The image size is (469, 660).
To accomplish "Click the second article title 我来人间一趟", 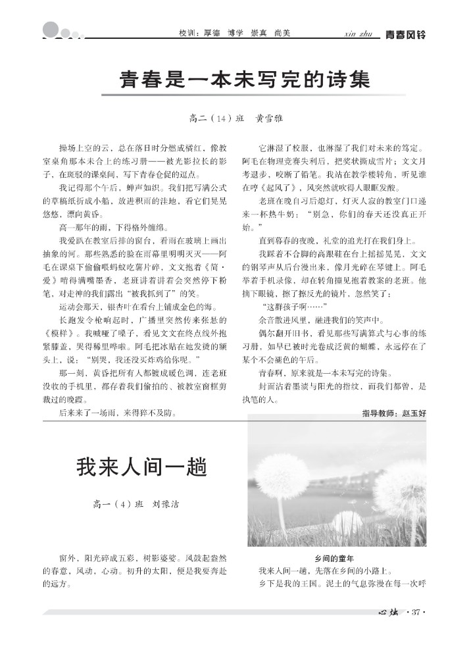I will [x=141, y=468].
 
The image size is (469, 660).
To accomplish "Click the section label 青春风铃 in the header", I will [x=405, y=34].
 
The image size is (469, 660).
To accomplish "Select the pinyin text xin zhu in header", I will [x=358, y=34].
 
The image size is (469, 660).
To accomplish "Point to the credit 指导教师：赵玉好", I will [x=394, y=413].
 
